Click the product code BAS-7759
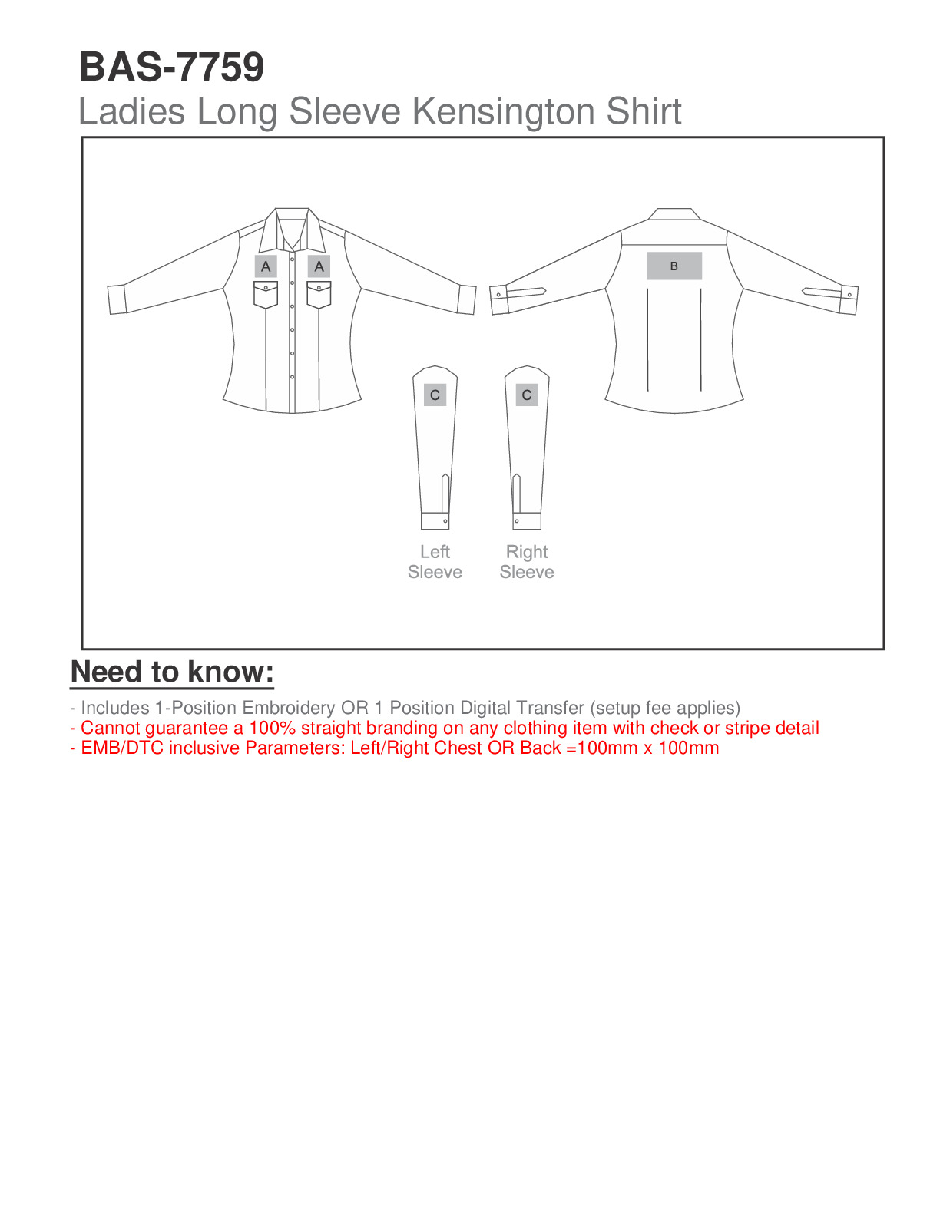171,67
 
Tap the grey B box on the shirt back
674,266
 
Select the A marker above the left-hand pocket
266,266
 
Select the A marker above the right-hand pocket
319,266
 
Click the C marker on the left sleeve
435,395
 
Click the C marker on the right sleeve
527,395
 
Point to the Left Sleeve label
435,562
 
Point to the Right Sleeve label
527,562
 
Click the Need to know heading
172,672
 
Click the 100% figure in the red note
272,728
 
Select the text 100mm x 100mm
648,748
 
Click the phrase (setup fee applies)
665,708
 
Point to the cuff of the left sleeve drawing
435,521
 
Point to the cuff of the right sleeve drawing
527,521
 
